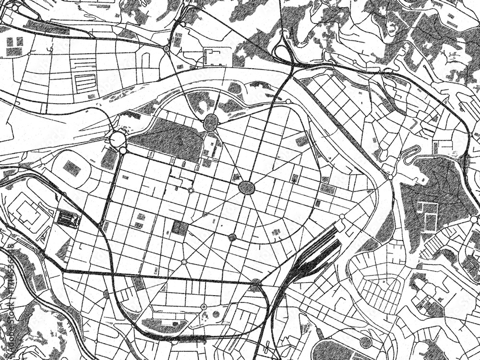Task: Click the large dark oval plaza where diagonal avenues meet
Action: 247,187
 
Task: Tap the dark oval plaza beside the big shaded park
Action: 210,123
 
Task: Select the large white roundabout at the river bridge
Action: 118,140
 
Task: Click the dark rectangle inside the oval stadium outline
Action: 72,168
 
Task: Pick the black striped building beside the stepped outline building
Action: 69,219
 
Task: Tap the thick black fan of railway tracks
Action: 314,254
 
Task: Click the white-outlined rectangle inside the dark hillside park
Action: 427,216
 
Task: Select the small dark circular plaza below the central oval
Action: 232,237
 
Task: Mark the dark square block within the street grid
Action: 180,228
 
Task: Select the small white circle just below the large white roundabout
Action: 123,151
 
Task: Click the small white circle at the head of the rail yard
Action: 342,217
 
